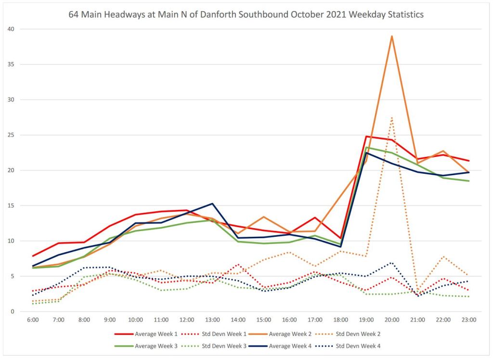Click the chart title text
coord(246,14)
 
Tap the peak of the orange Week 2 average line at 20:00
coord(392,36)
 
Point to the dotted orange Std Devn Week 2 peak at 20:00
coord(392,117)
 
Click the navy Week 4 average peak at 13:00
coord(212,204)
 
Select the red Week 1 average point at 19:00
coord(366,136)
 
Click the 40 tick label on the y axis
coord(11,29)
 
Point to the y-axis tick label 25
coord(11,135)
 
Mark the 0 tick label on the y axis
coord(12,311)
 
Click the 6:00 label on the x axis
coord(33,320)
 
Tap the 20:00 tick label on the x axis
coord(392,320)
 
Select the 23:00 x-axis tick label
coord(469,320)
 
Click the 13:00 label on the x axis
coord(212,320)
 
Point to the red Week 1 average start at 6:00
coord(33,256)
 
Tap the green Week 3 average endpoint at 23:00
coord(469,181)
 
